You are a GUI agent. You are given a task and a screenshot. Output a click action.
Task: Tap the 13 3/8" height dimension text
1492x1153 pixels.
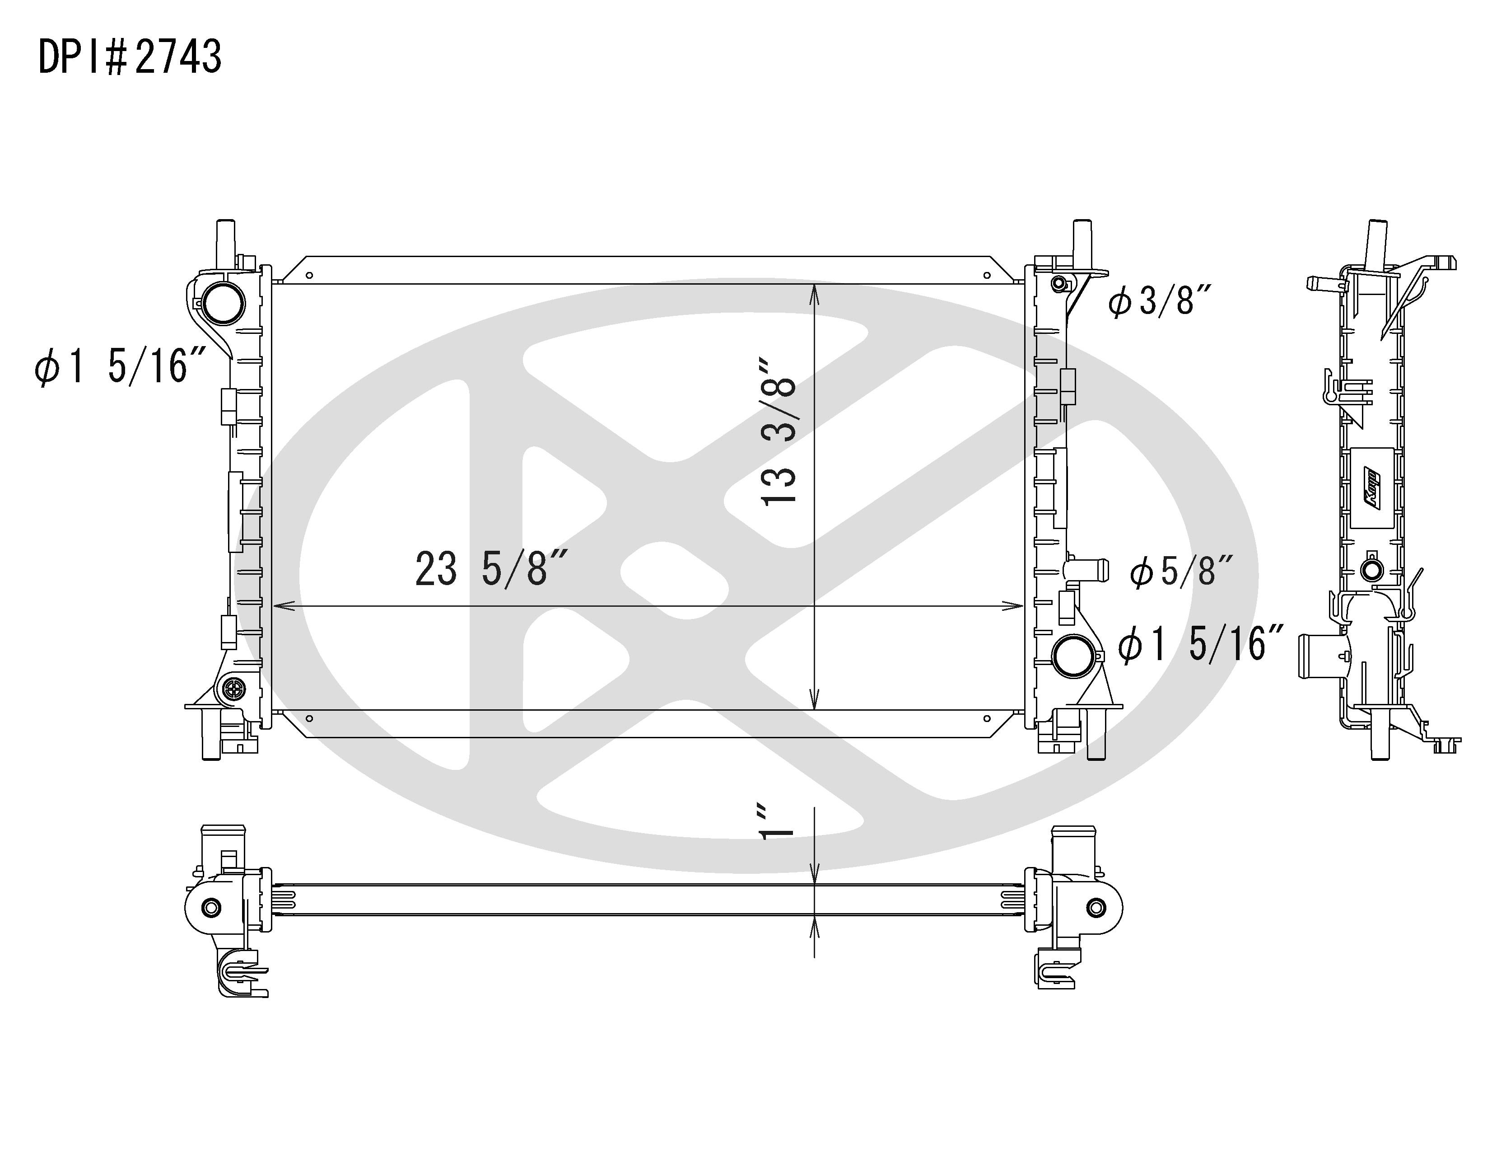pyautogui.click(x=779, y=431)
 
